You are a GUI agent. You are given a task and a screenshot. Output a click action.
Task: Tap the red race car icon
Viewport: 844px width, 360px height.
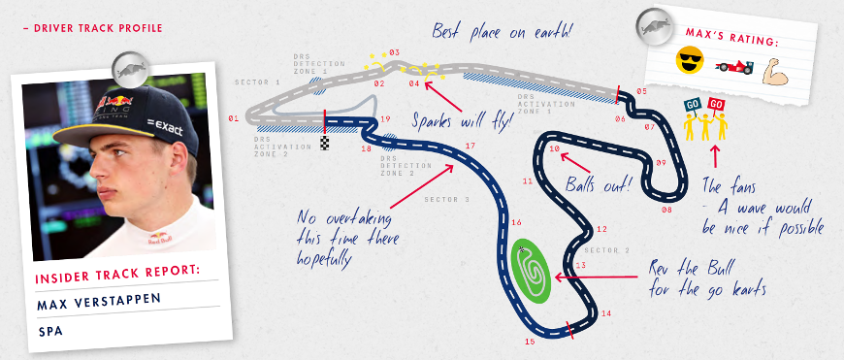733,67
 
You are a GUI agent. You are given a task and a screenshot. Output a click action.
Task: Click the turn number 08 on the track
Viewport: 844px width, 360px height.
666,209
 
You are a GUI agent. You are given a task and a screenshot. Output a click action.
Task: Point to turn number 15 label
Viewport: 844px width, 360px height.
530,342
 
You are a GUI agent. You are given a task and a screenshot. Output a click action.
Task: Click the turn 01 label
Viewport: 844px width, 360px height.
233,118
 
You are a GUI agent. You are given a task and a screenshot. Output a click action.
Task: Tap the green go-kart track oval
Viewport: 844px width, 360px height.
530,269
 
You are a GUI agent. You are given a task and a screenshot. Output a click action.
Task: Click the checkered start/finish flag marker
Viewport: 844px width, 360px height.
325,144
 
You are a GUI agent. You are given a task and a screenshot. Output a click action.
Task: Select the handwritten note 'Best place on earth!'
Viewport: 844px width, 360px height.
502,31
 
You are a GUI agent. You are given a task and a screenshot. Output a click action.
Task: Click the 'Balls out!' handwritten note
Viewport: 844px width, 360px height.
598,182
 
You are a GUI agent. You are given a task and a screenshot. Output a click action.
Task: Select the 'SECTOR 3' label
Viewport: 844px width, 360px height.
446,201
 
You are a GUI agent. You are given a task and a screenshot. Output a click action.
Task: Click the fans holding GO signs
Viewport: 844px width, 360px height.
705,120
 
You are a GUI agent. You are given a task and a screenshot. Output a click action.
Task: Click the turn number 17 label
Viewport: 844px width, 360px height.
470,146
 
